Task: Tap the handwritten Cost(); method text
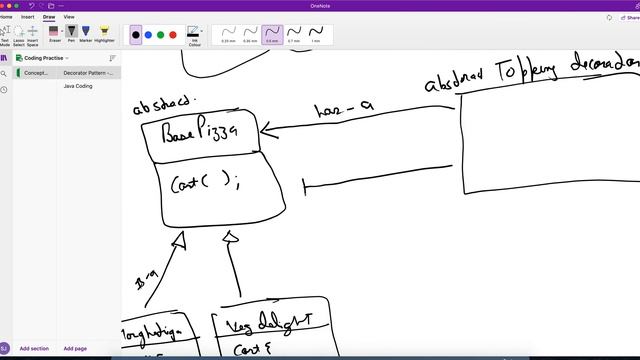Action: [x=205, y=183]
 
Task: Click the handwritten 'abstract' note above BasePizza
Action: [x=165, y=103]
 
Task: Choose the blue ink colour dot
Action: [x=148, y=35]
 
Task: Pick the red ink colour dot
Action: [x=173, y=35]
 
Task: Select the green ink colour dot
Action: [x=160, y=35]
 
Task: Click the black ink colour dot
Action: [x=136, y=35]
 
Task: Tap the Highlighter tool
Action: [x=104, y=35]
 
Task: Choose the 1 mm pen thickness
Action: [x=316, y=35]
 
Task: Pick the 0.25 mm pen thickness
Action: [x=228, y=35]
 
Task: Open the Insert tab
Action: [x=27, y=17]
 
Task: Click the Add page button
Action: [x=75, y=348]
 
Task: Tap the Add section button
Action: [x=34, y=348]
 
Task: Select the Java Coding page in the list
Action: [x=78, y=86]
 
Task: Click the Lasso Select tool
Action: [x=18, y=36]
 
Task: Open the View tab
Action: [x=69, y=17]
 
